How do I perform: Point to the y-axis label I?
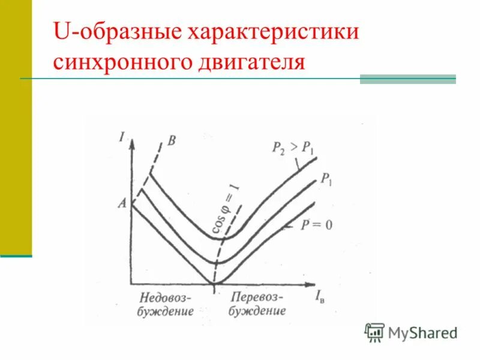click(x=122, y=137)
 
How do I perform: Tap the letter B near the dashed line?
click(x=172, y=141)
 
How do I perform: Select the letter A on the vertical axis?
click(x=122, y=203)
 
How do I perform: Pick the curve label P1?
click(x=326, y=178)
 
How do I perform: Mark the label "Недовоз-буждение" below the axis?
click(x=166, y=304)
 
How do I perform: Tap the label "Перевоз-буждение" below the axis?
click(x=257, y=304)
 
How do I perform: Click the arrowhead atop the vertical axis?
click(x=131, y=142)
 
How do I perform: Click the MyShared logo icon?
click(x=374, y=332)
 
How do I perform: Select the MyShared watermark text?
click(x=422, y=332)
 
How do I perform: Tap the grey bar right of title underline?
click(x=407, y=79)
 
